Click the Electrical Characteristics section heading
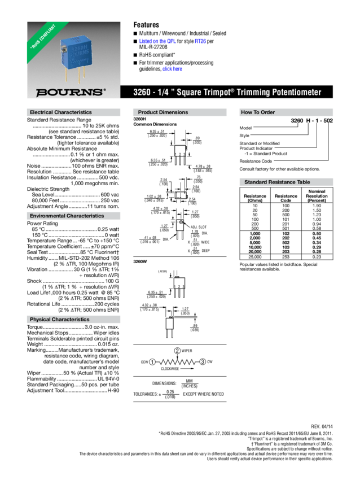click(60, 112)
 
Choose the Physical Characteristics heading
click(59, 320)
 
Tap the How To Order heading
click(257, 112)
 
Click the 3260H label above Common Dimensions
click(139, 119)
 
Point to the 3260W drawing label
click(139, 262)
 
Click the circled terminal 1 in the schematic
click(152, 361)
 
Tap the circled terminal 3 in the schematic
click(203, 361)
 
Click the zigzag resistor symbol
click(177, 362)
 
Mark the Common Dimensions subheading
click(155, 124)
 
